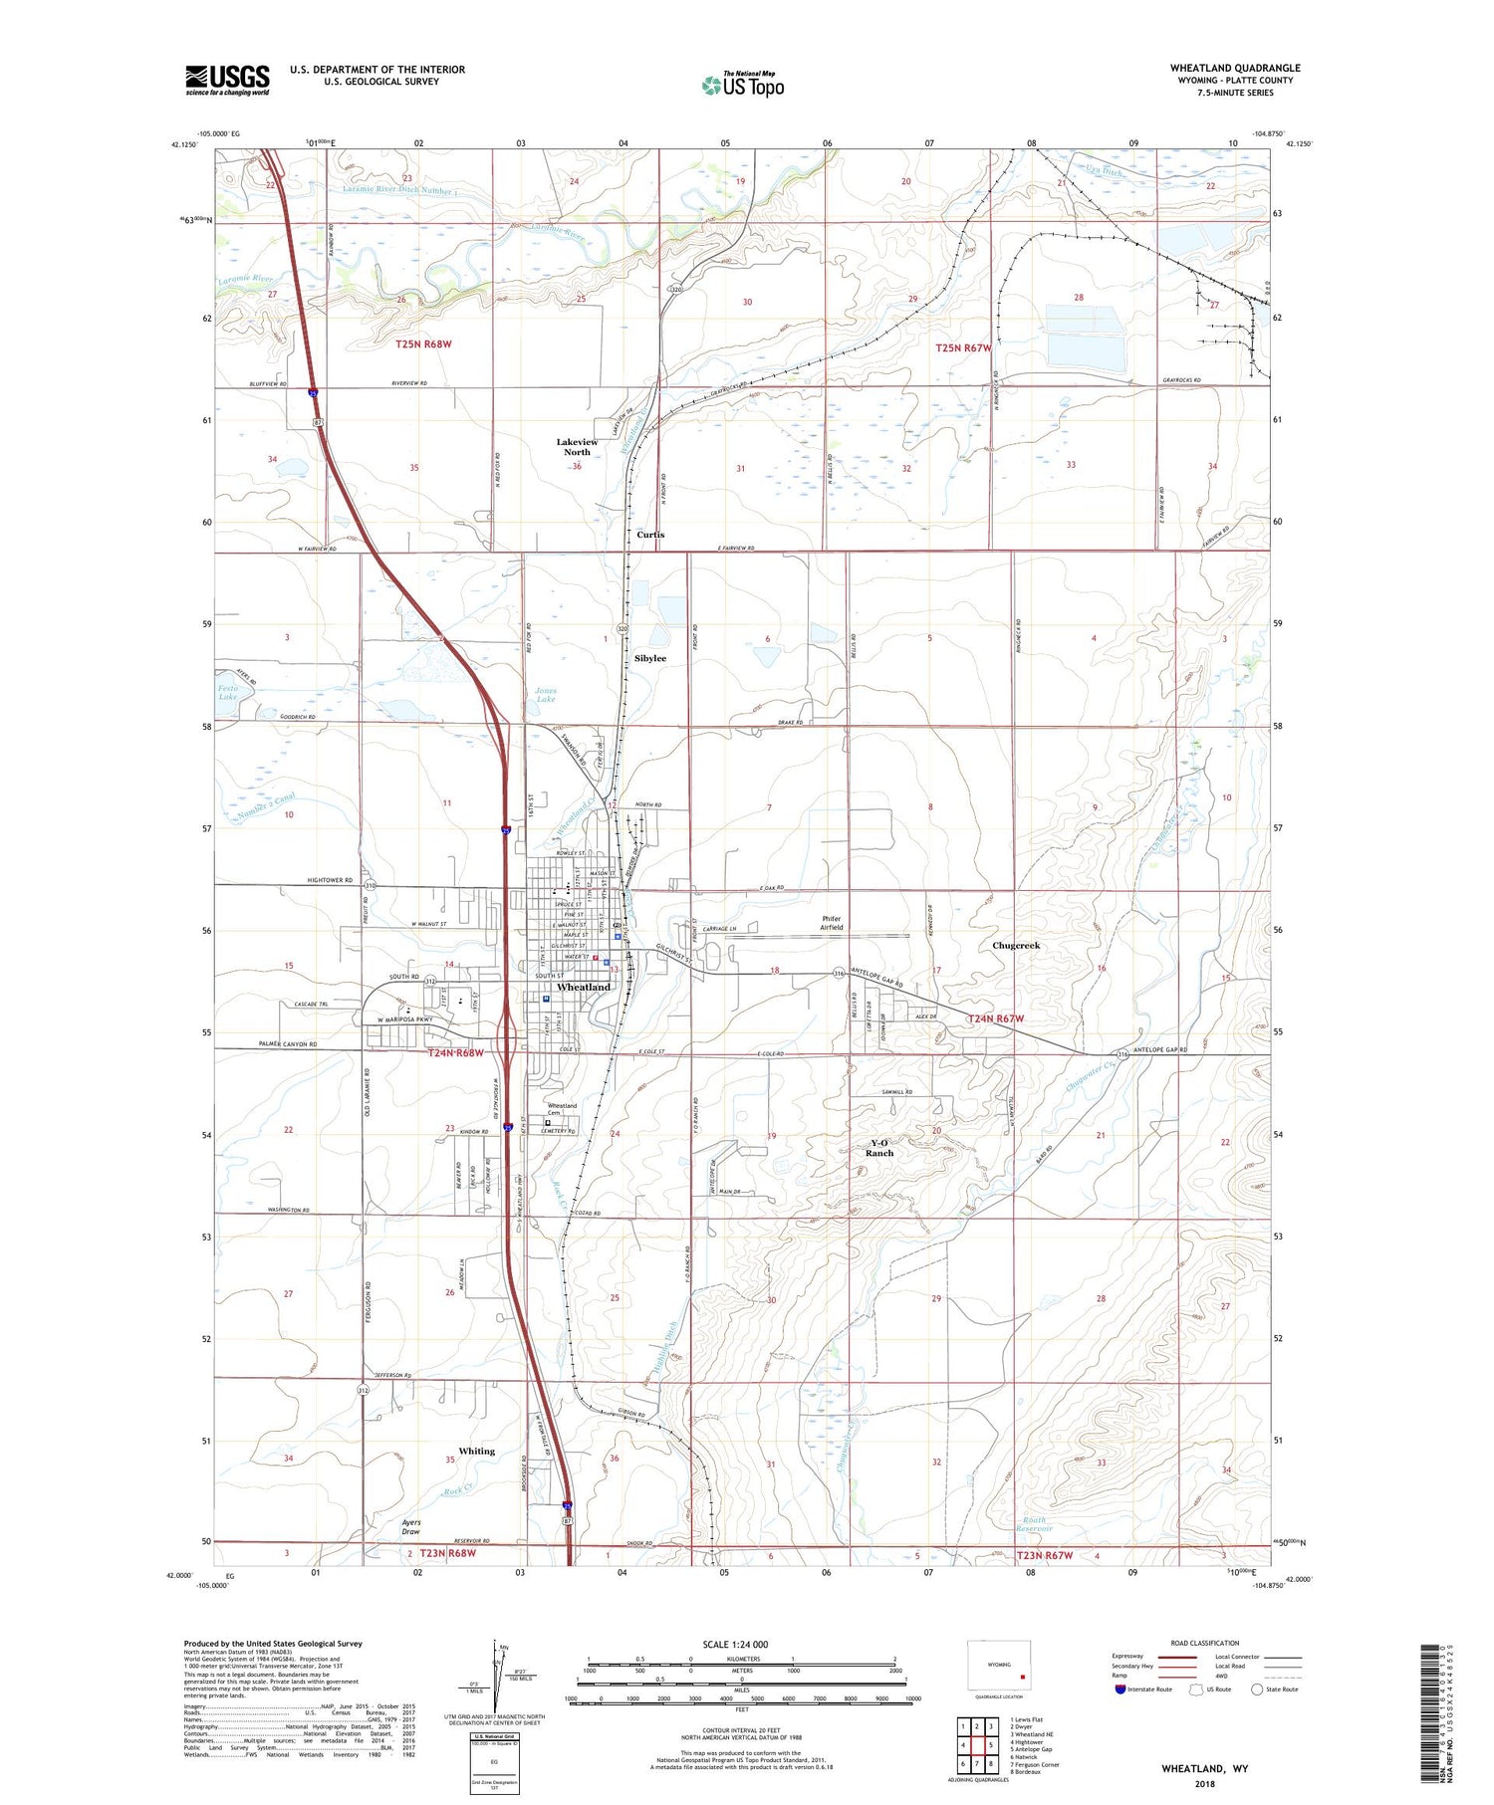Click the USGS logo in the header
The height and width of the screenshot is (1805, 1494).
[x=227, y=80]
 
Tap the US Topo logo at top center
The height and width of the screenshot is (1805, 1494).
[x=743, y=85]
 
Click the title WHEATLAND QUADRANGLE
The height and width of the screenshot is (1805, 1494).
[x=1234, y=68]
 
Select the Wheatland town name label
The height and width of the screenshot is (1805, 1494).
[x=584, y=987]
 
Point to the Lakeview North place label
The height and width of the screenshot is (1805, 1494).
[x=577, y=447]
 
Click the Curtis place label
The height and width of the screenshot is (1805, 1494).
[x=650, y=535]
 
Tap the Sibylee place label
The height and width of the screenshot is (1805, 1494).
[x=650, y=658]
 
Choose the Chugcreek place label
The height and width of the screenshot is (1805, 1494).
[x=1016, y=945]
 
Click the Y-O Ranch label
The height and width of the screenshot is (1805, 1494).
[x=879, y=1148]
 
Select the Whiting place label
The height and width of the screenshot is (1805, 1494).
[x=476, y=1451]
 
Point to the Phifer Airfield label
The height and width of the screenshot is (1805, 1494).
[x=832, y=923]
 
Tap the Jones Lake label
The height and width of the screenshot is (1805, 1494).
[x=546, y=694]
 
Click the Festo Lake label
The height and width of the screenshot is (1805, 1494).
[x=228, y=692]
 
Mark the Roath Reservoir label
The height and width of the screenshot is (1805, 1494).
[x=1037, y=1523]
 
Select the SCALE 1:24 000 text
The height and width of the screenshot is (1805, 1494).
[x=735, y=1644]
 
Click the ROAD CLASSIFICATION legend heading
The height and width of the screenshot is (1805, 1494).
[x=1205, y=1643]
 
